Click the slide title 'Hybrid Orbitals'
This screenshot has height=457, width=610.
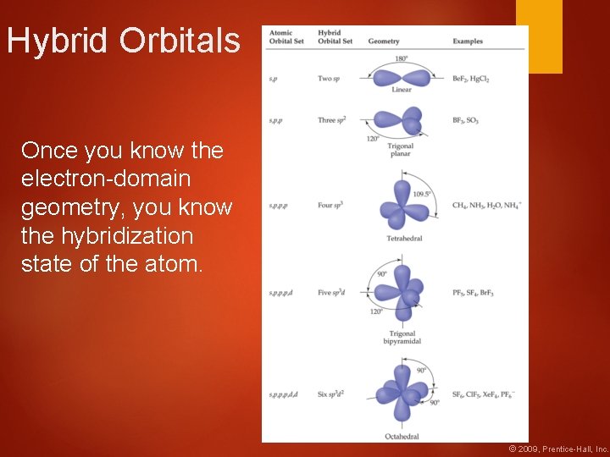(x=124, y=41)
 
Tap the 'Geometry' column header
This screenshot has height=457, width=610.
(x=384, y=41)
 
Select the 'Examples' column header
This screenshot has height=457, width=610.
(x=468, y=41)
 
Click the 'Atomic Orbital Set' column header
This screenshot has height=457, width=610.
(x=281, y=37)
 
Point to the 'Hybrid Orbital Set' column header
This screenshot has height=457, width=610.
(x=335, y=37)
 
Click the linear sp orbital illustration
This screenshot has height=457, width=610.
(x=402, y=77)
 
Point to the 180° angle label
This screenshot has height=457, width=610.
(x=402, y=58)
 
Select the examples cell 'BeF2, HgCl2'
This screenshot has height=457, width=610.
(x=471, y=79)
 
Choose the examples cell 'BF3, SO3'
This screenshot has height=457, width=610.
(x=465, y=121)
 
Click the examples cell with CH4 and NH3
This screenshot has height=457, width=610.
(x=486, y=206)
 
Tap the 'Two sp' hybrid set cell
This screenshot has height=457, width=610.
(x=330, y=79)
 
